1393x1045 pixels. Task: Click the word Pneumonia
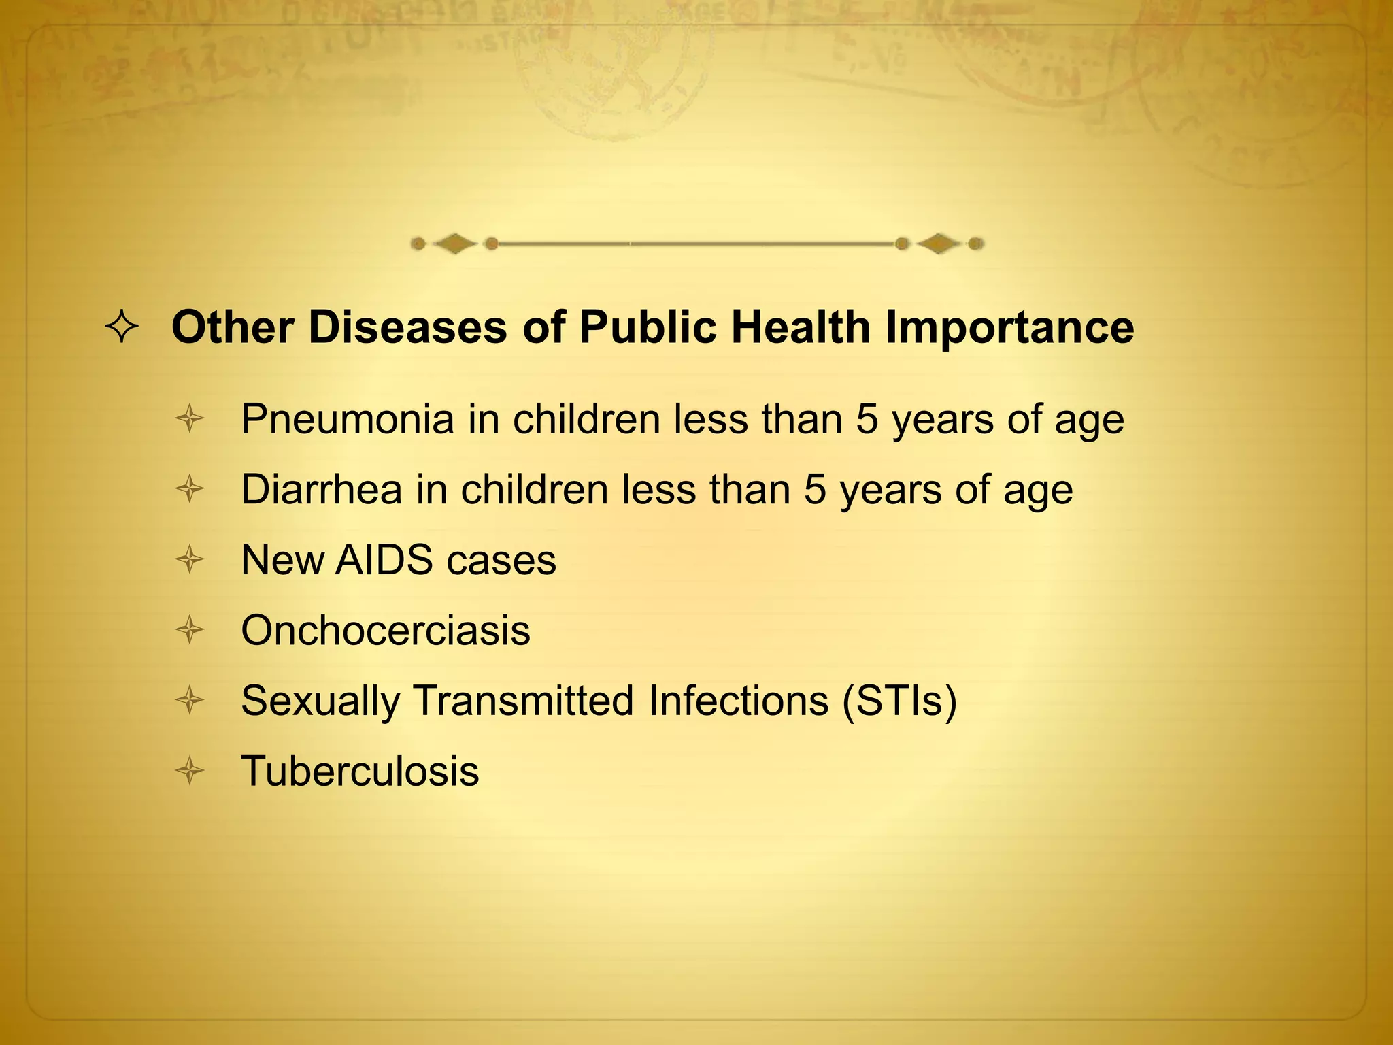point(348,420)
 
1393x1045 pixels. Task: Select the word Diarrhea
point(321,490)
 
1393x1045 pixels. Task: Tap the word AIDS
point(384,561)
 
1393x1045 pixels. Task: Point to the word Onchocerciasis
point(385,631)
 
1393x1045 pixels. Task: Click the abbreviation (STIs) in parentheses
point(899,701)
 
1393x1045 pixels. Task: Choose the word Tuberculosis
point(360,772)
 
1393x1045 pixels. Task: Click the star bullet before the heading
point(122,329)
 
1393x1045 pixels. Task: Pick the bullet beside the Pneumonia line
point(190,419)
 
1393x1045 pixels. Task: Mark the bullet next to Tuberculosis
point(190,772)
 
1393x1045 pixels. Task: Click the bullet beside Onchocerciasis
point(190,631)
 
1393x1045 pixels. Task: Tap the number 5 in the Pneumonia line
point(867,420)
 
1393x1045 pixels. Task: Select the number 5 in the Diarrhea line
point(815,490)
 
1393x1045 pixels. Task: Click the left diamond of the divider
point(454,244)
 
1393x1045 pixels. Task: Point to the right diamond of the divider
point(939,244)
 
